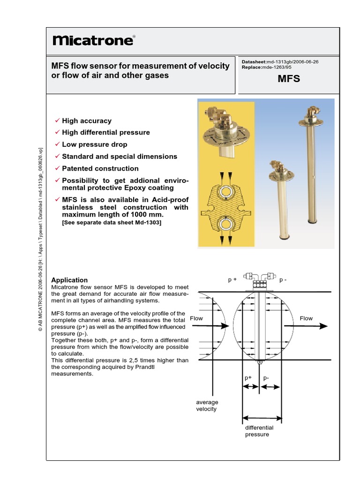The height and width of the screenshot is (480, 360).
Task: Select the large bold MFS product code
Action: click(289, 79)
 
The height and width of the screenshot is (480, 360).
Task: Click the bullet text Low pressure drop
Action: click(95, 144)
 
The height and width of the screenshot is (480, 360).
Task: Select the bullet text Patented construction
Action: click(100, 168)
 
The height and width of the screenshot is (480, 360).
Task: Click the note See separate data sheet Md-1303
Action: click(112, 223)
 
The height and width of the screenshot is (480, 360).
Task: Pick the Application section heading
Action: click(69, 280)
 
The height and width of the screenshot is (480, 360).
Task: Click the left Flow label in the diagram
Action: click(196, 318)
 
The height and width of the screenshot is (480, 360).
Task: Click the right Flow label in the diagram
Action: click(306, 318)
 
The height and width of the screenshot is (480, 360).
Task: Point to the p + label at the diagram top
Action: click(232, 280)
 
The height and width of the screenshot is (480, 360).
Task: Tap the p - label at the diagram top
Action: click(283, 280)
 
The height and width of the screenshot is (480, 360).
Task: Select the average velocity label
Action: click(207, 405)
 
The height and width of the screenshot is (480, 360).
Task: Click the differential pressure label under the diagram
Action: click(259, 431)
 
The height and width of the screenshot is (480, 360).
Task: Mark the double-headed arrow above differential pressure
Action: click(262, 417)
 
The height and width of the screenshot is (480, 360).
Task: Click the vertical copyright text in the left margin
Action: click(40, 239)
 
